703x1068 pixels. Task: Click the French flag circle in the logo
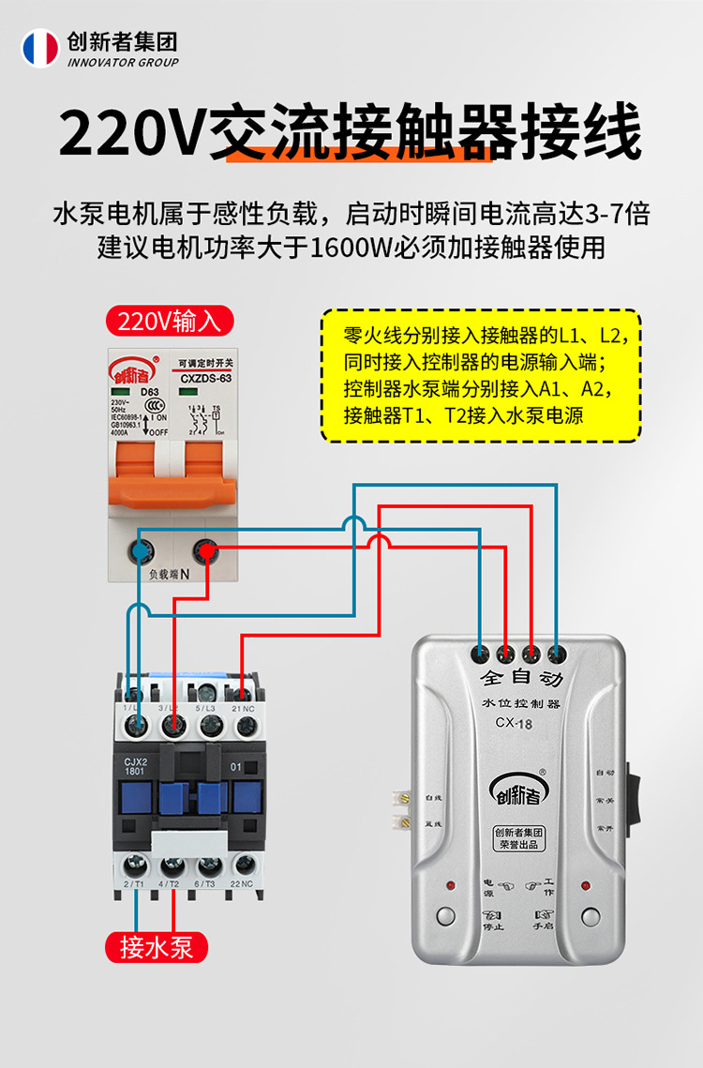[40, 48]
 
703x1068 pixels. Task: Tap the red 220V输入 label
[169, 321]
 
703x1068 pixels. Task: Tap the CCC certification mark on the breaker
[142, 408]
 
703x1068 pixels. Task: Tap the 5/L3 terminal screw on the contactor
[209, 724]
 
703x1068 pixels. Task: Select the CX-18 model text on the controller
[514, 722]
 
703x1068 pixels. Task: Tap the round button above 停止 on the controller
[445, 916]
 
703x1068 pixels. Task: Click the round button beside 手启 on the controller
[590, 916]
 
